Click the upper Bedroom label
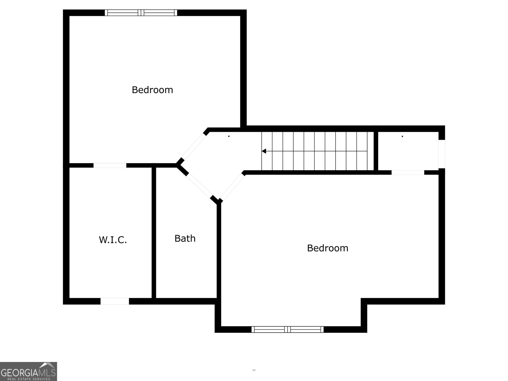click(x=152, y=90)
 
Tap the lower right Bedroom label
click(x=327, y=248)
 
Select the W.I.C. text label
click(x=113, y=240)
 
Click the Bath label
click(x=185, y=238)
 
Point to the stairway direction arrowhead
click(x=264, y=151)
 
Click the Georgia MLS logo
click(x=28, y=371)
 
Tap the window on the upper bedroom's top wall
click(x=141, y=13)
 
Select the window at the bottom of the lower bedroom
click(x=287, y=329)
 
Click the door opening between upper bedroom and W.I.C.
click(x=110, y=165)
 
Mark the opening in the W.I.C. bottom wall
click(x=115, y=301)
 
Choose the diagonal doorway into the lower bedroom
click(x=233, y=187)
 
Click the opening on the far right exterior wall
click(x=442, y=154)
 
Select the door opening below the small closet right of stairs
click(x=408, y=172)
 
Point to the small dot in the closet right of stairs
click(x=402, y=137)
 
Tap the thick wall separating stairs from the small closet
click(x=376, y=151)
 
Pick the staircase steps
click(x=317, y=151)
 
